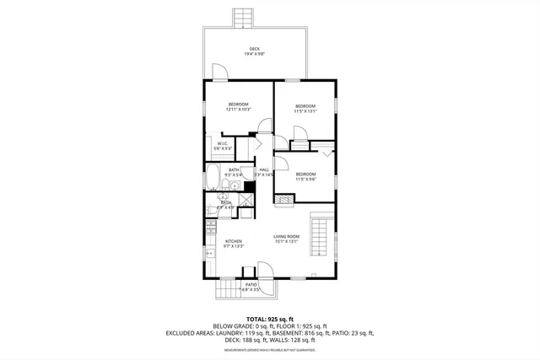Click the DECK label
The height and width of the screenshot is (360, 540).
pyautogui.click(x=254, y=49)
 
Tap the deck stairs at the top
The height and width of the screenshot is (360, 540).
pyautogui.click(x=243, y=17)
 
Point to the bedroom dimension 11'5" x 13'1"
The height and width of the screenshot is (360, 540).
pyautogui.click(x=305, y=110)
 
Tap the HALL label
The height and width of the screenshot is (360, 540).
pyautogui.click(x=264, y=170)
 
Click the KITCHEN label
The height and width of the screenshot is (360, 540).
pyautogui.click(x=234, y=241)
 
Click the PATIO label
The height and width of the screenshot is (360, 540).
pyautogui.click(x=251, y=285)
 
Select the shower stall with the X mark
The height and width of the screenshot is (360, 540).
pyautogui.click(x=246, y=201)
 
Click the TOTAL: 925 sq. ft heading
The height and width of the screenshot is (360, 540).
pyautogui.click(x=270, y=319)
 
